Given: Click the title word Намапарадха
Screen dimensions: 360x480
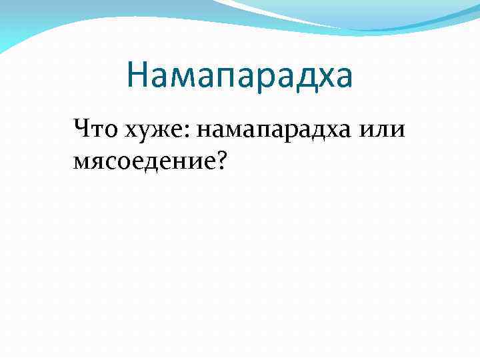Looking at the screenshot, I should (239, 75).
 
